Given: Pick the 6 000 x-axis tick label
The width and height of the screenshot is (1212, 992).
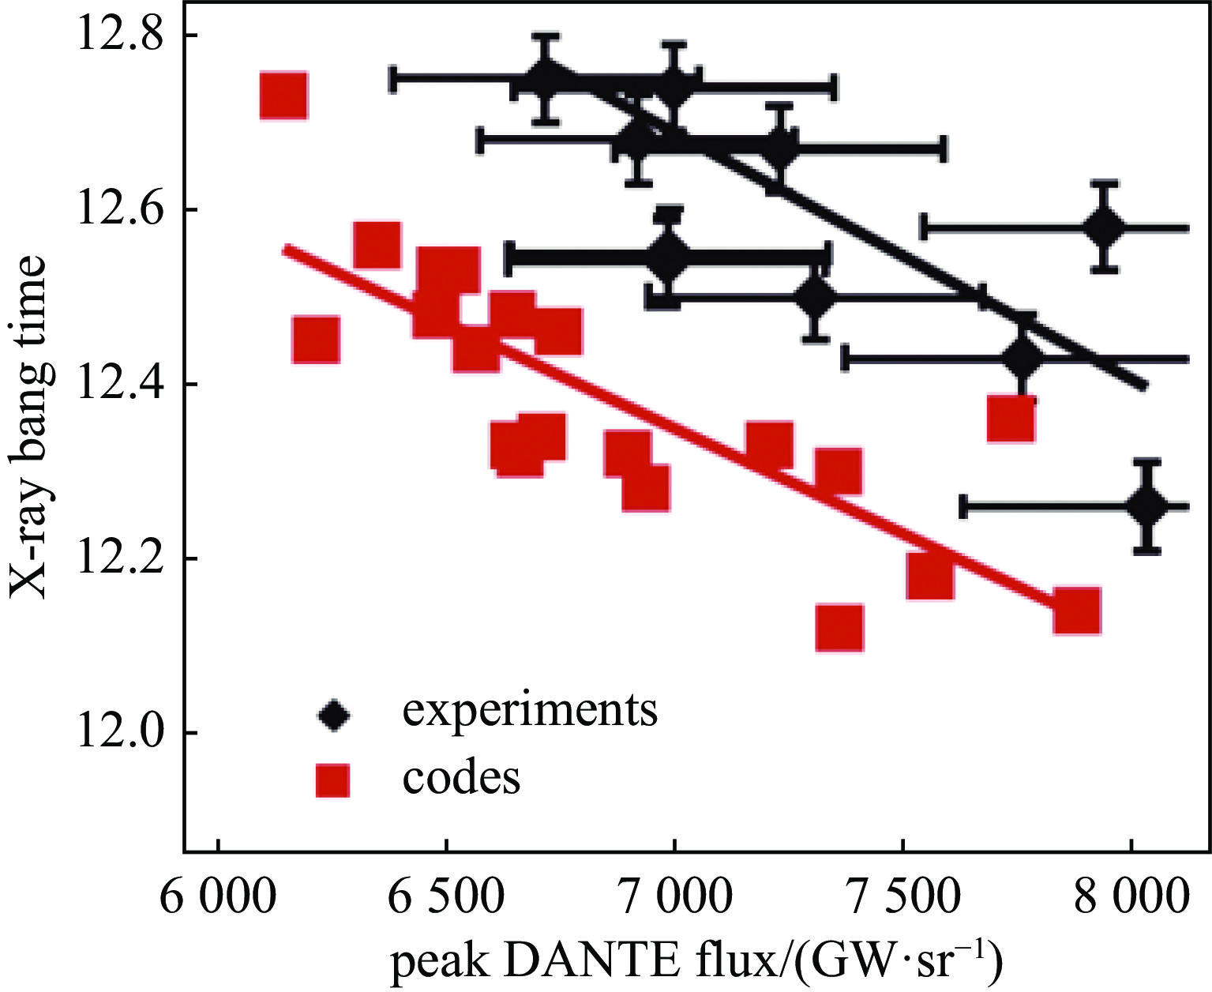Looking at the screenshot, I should pos(216,900).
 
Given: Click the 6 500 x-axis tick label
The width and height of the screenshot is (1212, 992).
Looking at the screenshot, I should pos(445,900).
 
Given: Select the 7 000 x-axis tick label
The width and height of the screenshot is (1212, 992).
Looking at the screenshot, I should pos(674,900).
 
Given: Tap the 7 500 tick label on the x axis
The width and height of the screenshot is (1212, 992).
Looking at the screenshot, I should pos(902,900).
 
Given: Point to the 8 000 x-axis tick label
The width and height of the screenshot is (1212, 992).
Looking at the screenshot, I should pos(1131,900).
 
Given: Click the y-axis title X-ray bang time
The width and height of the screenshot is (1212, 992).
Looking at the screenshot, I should pos(32,426).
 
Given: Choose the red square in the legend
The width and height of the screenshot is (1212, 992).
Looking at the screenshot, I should pos(332,780).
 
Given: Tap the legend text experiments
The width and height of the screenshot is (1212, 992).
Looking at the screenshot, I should pos(530,710).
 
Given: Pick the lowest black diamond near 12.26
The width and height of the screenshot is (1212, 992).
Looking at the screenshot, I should pos(1148,506).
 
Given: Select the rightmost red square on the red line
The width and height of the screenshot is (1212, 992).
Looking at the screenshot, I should pos(1077,611).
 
